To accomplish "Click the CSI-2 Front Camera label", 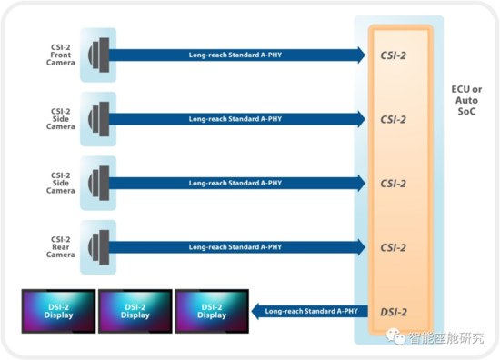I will (61, 55).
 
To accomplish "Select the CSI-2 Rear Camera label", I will (61, 246).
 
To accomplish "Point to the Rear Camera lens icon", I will (98, 246).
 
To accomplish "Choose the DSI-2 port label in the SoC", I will (393, 311).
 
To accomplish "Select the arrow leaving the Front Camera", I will (236, 55).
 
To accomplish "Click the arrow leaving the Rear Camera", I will (236, 246).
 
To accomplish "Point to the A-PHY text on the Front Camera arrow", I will (235, 55).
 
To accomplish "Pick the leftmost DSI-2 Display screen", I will (57, 311).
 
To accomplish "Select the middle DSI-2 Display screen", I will (135, 311).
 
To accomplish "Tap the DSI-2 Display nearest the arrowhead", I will (212, 311).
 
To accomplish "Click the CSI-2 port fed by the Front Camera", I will (393, 55).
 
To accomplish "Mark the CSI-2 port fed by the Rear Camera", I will (393, 247).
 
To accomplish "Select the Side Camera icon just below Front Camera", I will (98, 118).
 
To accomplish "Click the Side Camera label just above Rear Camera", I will (61, 183).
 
